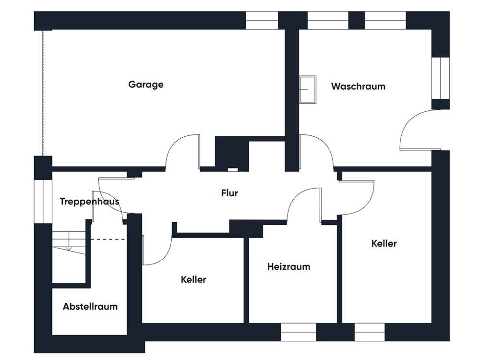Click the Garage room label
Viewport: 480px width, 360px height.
146,84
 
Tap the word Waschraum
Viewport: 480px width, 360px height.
358,86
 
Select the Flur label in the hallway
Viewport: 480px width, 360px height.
229,193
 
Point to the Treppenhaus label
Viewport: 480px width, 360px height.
89,202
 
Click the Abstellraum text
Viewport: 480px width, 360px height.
90,306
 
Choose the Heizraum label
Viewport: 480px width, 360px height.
288,266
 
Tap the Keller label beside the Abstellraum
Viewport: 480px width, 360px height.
193,279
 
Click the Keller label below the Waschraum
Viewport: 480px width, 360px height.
384,244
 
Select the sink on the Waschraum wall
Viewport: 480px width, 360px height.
308,89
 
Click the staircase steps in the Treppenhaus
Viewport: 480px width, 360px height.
69,242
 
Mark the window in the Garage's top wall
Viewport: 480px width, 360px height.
262,21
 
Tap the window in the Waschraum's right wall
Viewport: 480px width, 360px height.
441,78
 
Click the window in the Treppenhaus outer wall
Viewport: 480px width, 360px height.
43,202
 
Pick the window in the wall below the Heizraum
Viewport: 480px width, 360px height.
299,332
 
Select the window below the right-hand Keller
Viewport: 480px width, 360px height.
370,332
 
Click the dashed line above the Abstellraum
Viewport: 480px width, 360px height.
108,240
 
